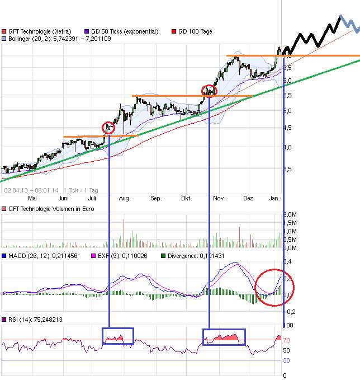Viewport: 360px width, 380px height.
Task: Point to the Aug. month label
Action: pyautogui.click(x=124, y=198)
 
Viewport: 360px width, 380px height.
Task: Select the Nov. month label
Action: pyautogui.click(x=219, y=198)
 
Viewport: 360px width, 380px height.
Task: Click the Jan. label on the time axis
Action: pyautogui.click(x=274, y=198)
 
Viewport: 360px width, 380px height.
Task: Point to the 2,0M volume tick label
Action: pyautogui.click(x=290, y=214)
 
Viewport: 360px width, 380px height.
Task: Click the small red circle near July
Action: pyautogui.click(x=108, y=128)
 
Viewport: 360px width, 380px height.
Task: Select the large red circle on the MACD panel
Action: pyautogui.click(x=274, y=286)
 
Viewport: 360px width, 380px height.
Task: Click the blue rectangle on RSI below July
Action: pyautogui.click(x=118, y=336)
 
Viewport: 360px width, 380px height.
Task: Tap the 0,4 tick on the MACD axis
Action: pyautogui.click(x=288, y=261)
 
